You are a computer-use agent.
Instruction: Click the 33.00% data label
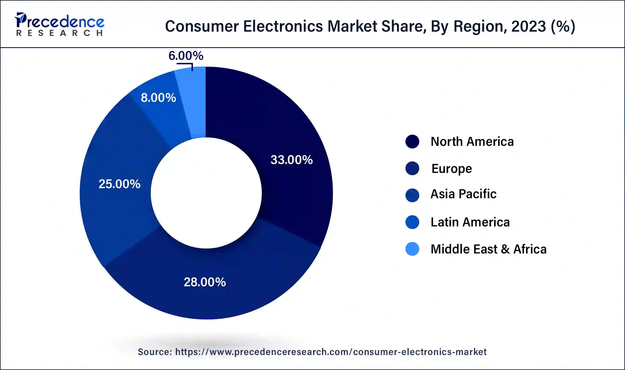coord(291,160)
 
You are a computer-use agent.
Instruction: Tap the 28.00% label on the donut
coord(205,282)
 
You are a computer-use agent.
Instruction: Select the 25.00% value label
coord(119,184)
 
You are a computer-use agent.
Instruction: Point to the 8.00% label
coord(158,98)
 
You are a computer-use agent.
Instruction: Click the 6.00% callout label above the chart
coord(186,56)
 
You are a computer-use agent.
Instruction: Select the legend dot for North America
coord(412,142)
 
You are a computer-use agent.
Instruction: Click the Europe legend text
coord(451,168)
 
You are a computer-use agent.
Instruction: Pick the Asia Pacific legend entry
coord(463,194)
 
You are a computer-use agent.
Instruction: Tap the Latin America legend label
coord(470,222)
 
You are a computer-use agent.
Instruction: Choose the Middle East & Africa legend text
coord(488,249)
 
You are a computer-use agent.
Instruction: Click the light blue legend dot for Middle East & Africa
coord(412,249)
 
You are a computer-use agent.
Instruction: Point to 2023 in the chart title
coord(528,26)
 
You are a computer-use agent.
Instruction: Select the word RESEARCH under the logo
coord(60,33)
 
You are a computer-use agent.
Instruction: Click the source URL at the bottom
coord(331,352)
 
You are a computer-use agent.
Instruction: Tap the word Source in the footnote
coord(155,352)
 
